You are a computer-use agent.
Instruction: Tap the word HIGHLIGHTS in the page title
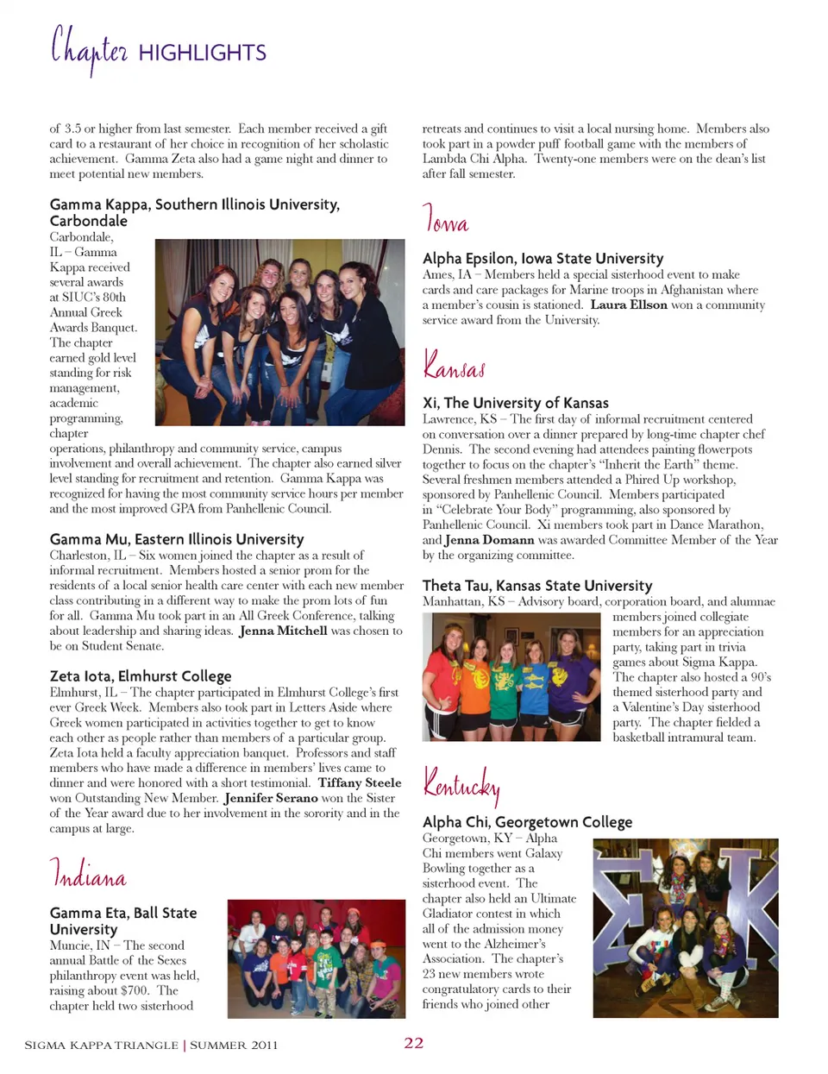[x=202, y=53]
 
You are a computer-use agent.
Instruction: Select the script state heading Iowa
[x=445, y=218]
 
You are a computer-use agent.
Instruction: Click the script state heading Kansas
[x=454, y=364]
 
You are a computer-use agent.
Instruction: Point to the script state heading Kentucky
[x=461, y=784]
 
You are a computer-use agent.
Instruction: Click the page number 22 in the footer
[x=414, y=1043]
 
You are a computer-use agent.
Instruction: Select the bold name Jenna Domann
[x=489, y=540]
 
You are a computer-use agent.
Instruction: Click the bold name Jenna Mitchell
[x=283, y=631]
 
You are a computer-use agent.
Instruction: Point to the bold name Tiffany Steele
[x=360, y=782]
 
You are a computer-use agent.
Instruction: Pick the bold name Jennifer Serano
[x=271, y=798]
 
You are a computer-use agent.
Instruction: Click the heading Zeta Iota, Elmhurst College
[x=141, y=676]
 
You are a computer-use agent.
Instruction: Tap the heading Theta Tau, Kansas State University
[x=537, y=586]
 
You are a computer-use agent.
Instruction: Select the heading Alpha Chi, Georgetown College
[x=527, y=822]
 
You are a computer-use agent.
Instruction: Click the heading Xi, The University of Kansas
[x=515, y=403]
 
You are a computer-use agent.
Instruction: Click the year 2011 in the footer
[x=264, y=1045]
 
